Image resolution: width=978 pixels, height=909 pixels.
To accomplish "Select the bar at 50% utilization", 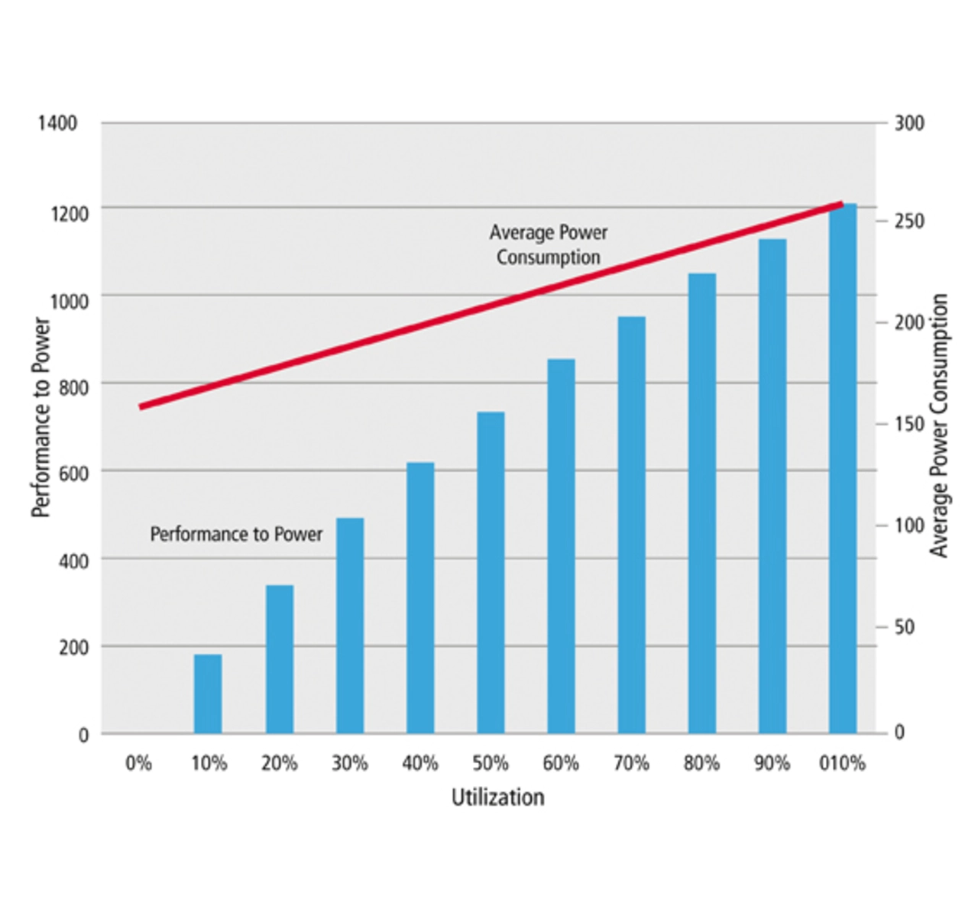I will (491, 573).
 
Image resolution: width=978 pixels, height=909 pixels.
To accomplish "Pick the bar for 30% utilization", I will (350, 626).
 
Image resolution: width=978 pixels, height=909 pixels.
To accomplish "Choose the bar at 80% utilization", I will (702, 503).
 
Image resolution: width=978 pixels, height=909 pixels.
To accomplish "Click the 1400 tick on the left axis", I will (57, 123).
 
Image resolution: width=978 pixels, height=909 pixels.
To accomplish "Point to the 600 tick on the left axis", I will (73, 474).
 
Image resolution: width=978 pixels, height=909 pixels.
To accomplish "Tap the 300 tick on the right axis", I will (909, 123).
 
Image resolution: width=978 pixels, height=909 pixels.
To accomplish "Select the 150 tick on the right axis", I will (909, 424).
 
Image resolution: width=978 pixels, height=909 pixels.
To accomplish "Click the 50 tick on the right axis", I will (905, 627).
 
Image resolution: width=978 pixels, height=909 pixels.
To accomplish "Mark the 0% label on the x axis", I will (138, 763).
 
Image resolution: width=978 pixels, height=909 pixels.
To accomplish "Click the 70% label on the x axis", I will (631, 763).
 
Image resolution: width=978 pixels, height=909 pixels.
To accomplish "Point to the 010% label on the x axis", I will (842, 763).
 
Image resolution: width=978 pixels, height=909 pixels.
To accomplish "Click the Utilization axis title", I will (497, 797).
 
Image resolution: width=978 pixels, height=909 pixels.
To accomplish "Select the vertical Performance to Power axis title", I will (40, 417).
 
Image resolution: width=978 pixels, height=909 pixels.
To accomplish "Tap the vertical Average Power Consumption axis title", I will (939, 425).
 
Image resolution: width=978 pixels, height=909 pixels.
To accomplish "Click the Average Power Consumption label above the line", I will (549, 244).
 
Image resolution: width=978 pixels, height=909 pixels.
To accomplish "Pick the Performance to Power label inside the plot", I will (236, 534).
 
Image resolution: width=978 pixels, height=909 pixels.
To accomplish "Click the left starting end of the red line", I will (141, 406).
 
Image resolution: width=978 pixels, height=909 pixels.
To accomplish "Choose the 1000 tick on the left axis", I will (70, 301).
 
